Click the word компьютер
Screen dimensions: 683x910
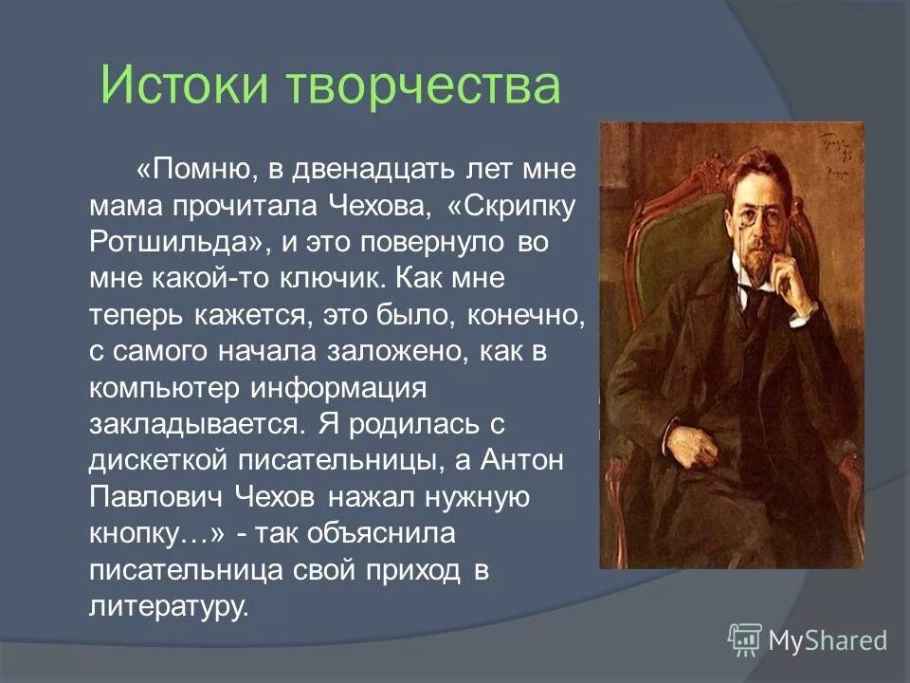(x=166, y=388)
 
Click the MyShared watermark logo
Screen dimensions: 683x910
(x=808, y=639)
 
